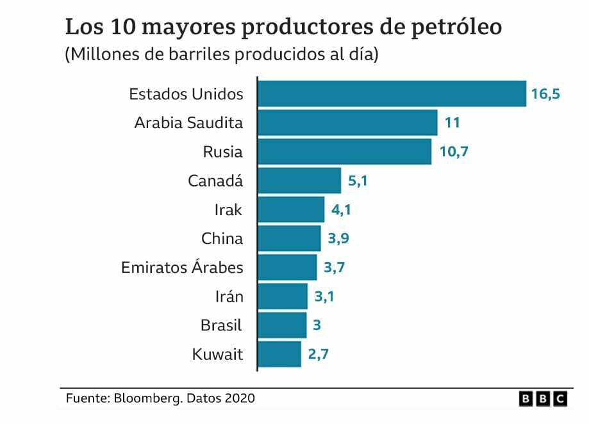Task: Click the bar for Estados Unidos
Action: point(391,94)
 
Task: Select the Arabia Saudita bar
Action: point(347,122)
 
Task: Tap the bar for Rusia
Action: point(344,152)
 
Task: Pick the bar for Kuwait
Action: point(279,354)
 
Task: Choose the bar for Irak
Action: point(291,209)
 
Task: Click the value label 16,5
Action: point(545,94)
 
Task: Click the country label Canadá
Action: point(215,181)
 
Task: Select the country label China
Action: point(222,239)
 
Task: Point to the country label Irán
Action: point(229,297)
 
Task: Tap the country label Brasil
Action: point(221,325)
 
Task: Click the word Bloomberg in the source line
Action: point(147,398)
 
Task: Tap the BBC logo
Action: point(543,398)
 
